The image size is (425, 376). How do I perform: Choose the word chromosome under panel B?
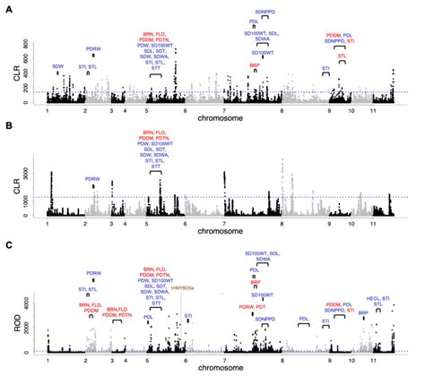219,230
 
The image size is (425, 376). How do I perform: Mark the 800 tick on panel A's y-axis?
26,43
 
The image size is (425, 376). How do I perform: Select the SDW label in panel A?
58,66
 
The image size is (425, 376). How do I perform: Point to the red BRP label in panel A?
256,65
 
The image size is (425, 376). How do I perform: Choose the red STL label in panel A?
342,55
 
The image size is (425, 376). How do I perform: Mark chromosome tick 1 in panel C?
48,367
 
